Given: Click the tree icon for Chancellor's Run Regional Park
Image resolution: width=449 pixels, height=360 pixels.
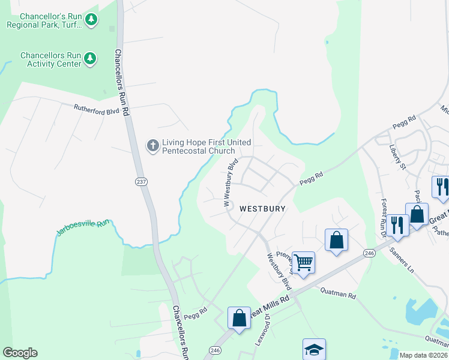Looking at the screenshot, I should (91, 20).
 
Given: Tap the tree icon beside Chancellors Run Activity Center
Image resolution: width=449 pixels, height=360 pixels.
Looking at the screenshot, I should (90, 58).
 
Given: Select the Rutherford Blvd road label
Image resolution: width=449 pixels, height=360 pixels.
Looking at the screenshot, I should (97, 110).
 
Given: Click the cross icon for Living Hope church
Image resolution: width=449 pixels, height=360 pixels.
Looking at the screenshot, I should (152, 145).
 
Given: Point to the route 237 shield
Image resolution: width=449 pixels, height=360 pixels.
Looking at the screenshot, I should (141, 181).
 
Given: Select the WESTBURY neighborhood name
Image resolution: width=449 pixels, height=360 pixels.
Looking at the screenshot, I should (263, 209).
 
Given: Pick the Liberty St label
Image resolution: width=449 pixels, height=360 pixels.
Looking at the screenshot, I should (397, 155).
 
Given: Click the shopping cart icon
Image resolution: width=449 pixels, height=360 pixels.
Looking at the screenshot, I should (304, 262).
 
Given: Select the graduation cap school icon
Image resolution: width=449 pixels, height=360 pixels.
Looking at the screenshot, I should (315, 349).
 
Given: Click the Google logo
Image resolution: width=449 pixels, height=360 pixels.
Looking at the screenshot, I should (20, 353).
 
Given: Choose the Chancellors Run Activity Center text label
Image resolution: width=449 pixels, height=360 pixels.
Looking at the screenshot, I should (50, 59).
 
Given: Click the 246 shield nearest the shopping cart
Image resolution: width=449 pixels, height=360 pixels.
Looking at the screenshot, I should (369, 254).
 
